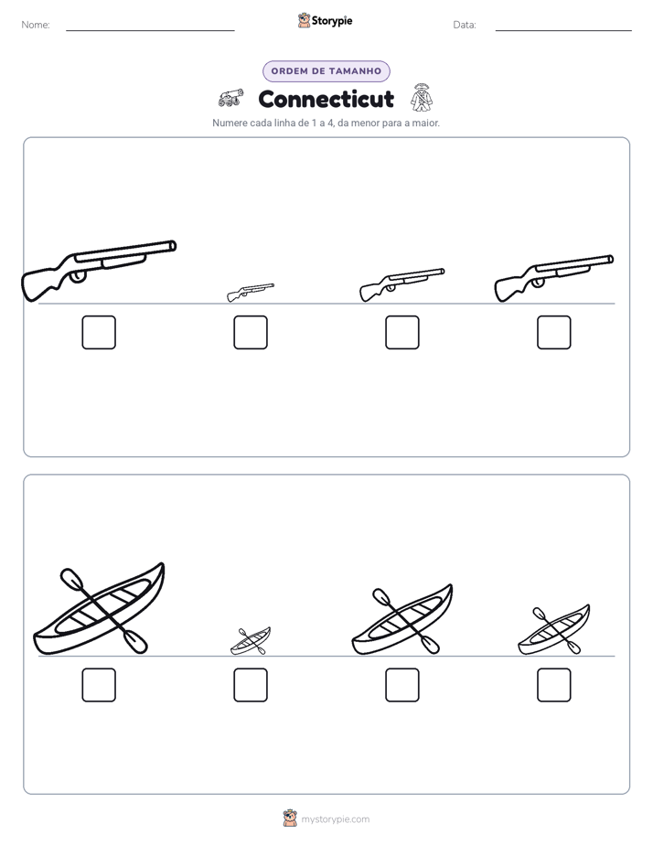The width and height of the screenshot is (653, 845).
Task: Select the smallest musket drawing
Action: point(250,293)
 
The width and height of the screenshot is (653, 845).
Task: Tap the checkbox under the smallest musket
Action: point(251,333)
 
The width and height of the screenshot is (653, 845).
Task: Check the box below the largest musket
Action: point(99,333)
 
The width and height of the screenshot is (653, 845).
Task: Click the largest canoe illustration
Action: point(99,609)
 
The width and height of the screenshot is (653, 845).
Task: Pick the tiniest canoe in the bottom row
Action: point(251,641)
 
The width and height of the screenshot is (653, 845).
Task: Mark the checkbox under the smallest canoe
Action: point(251,685)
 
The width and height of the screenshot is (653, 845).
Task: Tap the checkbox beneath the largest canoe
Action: point(99,685)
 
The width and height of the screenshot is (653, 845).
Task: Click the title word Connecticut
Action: point(326,99)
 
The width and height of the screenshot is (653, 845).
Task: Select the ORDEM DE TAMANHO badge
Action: point(326,71)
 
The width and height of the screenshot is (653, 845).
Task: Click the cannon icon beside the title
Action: point(230,98)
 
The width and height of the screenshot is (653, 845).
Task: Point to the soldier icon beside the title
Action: point(422,97)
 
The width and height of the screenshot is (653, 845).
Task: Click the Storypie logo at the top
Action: point(325,20)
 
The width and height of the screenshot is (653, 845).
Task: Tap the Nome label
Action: point(36,25)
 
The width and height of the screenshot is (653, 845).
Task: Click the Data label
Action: point(465,25)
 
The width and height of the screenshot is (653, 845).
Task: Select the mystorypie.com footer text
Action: point(335,819)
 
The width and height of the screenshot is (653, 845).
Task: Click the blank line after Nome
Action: point(150,31)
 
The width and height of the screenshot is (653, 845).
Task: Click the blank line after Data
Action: point(563,31)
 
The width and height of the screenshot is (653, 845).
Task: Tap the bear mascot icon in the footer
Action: point(290,818)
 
